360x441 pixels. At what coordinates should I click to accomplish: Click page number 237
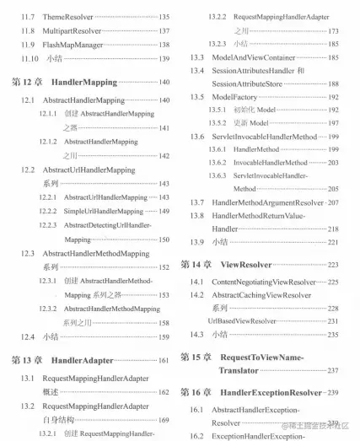pyautogui.click(x=332, y=370)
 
